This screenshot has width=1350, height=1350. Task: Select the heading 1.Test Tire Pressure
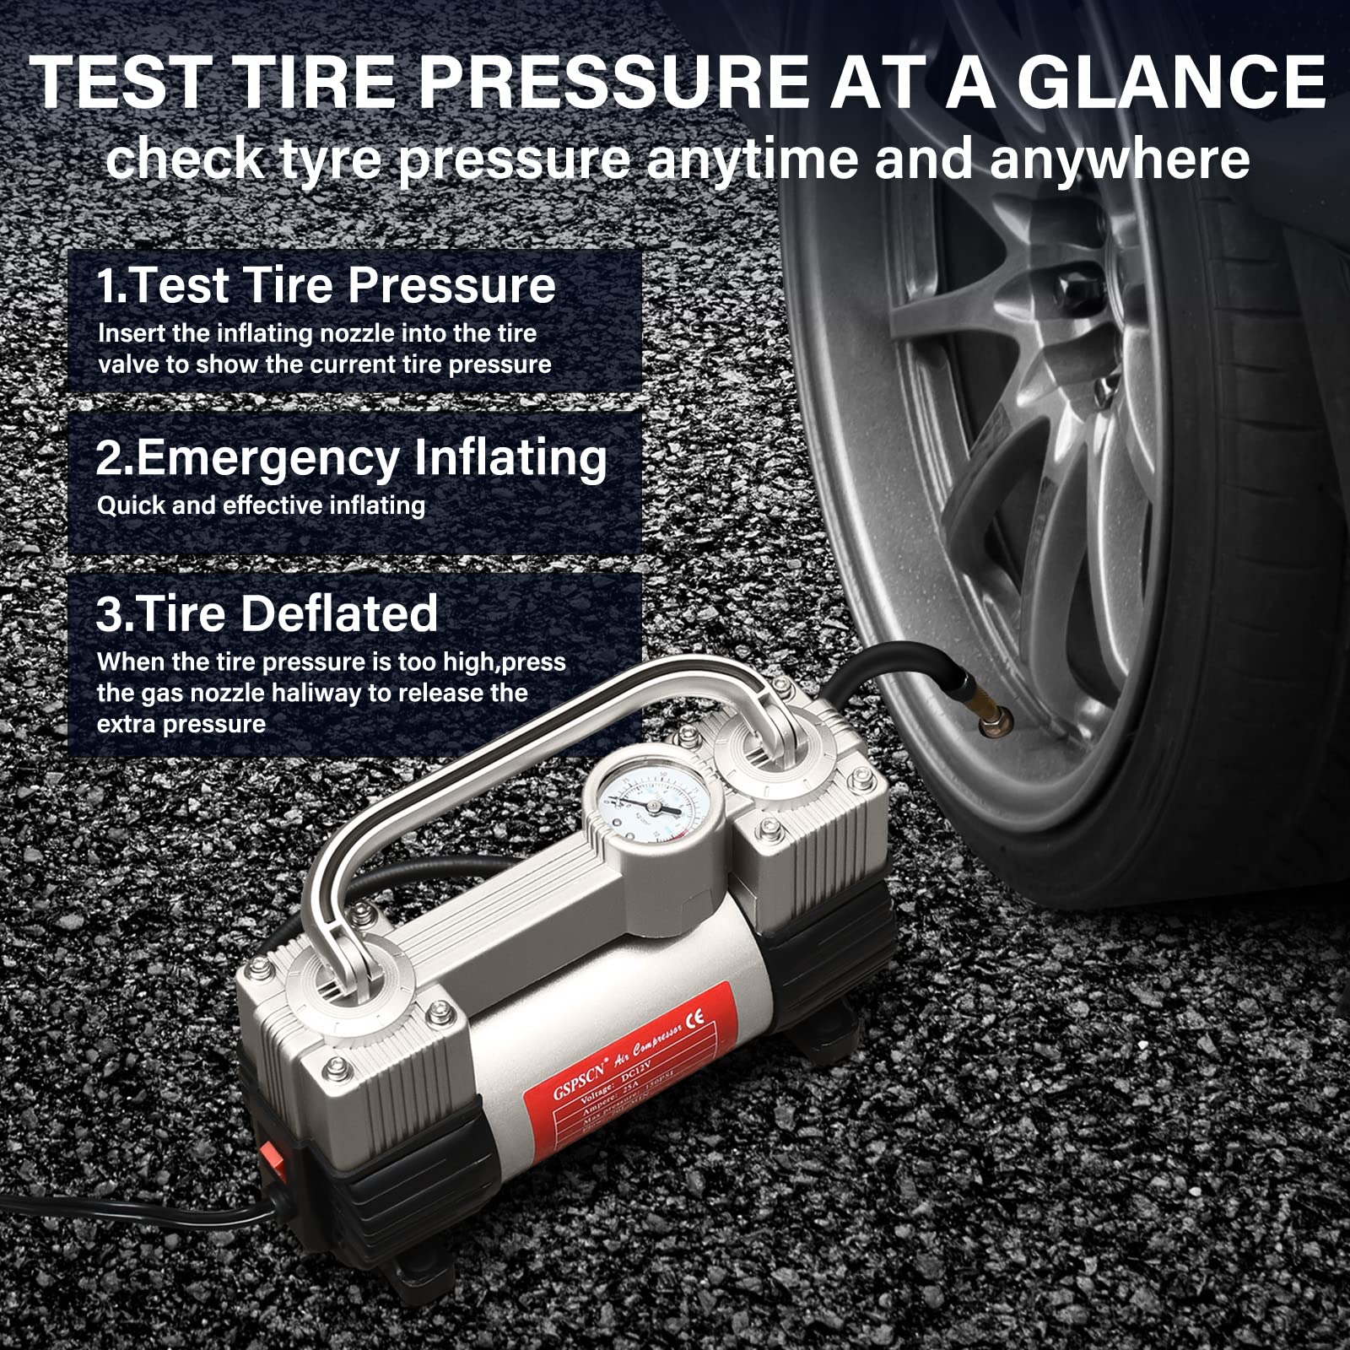tap(326, 285)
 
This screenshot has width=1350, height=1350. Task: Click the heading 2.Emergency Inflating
tap(351, 457)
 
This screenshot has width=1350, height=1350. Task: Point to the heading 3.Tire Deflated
tap(267, 613)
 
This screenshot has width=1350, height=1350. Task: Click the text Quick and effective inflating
tap(261, 505)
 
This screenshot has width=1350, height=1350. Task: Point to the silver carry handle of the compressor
tap(540, 742)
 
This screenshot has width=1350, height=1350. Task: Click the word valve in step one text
tap(127, 364)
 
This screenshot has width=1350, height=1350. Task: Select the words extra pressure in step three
tap(181, 724)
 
